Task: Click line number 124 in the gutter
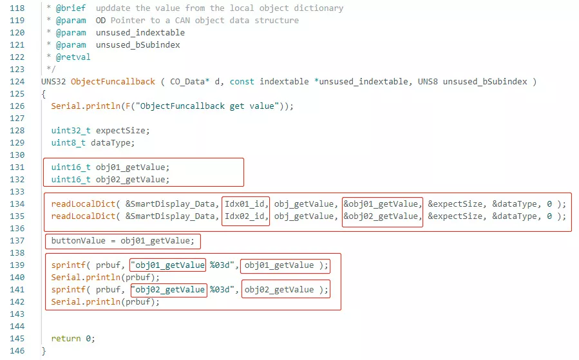click(x=17, y=82)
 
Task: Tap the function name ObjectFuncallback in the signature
click(x=113, y=82)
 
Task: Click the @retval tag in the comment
click(x=73, y=57)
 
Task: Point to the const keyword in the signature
click(x=242, y=82)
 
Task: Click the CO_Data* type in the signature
click(x=190, y=82)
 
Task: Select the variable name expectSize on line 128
click(x=120, y=131)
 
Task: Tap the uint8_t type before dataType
click(x=68, y=143)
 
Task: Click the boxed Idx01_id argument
click(x=245, y=204)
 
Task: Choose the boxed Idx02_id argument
click(x=245, y=216)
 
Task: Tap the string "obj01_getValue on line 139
click(x=168, y=265)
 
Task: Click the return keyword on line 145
click(x=66, y=339)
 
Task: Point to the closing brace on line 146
click(x=44, y=351)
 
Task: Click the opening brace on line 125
click(x=44, y=94)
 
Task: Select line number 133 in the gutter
click(x=17, y=192)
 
